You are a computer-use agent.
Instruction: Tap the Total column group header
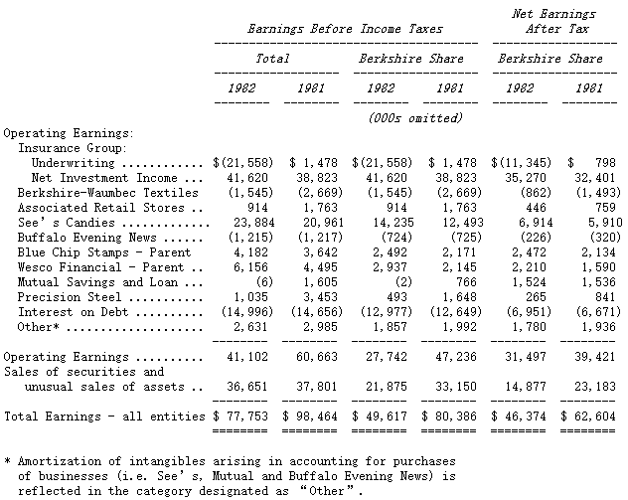click(x=273, y=59)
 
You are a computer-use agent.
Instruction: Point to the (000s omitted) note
click(x=414, y=117)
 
